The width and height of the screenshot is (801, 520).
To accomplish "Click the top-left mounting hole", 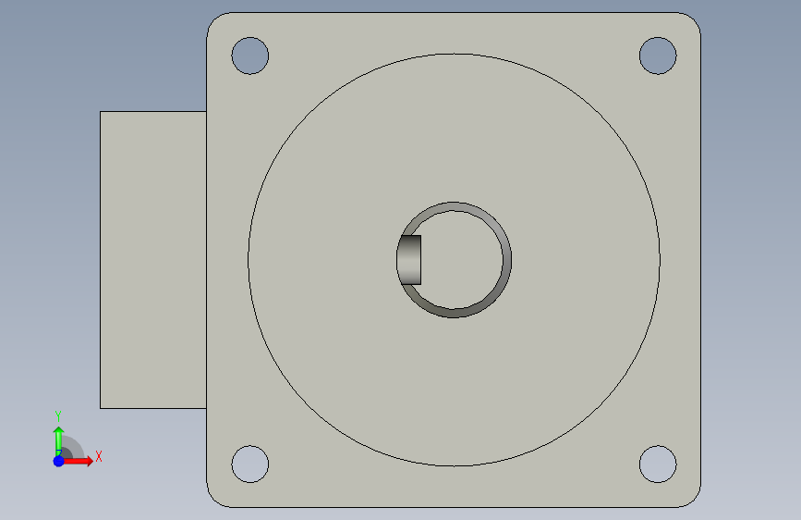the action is [250, 56].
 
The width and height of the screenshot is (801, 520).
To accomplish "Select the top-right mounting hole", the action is [658, 56].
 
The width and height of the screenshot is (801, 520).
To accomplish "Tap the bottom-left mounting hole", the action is [250, 464].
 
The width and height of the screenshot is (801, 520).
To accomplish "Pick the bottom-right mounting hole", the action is [658, 464].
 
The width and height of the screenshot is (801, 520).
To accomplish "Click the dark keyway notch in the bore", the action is [409, 260].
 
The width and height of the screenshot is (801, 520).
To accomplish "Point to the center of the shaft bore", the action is [455, 260].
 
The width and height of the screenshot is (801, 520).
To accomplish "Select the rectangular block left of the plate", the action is [153, 260].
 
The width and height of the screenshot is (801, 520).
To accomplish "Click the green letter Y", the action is [58, 416].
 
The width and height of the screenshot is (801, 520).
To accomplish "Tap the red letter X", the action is [99, 456].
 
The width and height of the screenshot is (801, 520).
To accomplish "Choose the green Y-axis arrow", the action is [59, 441].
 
